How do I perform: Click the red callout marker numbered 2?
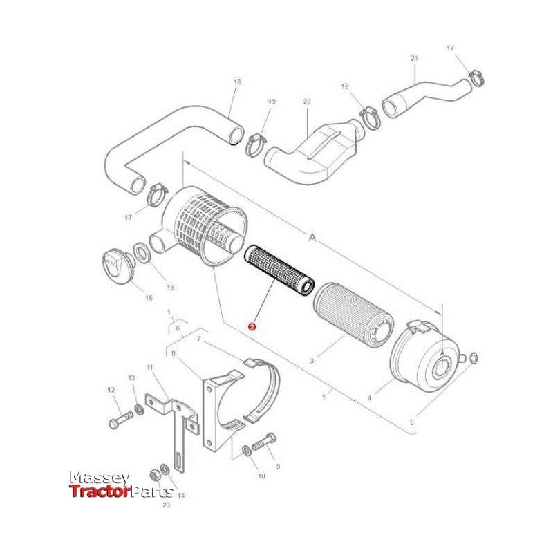pos(252,323)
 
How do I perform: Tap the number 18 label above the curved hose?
pos(237,82)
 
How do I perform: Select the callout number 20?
pos(307,102)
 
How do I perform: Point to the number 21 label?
pos(415,59)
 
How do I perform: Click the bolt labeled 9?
pos(264,440)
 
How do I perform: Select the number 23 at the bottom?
pos(166,506)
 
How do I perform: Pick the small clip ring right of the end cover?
pos(472,357)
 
